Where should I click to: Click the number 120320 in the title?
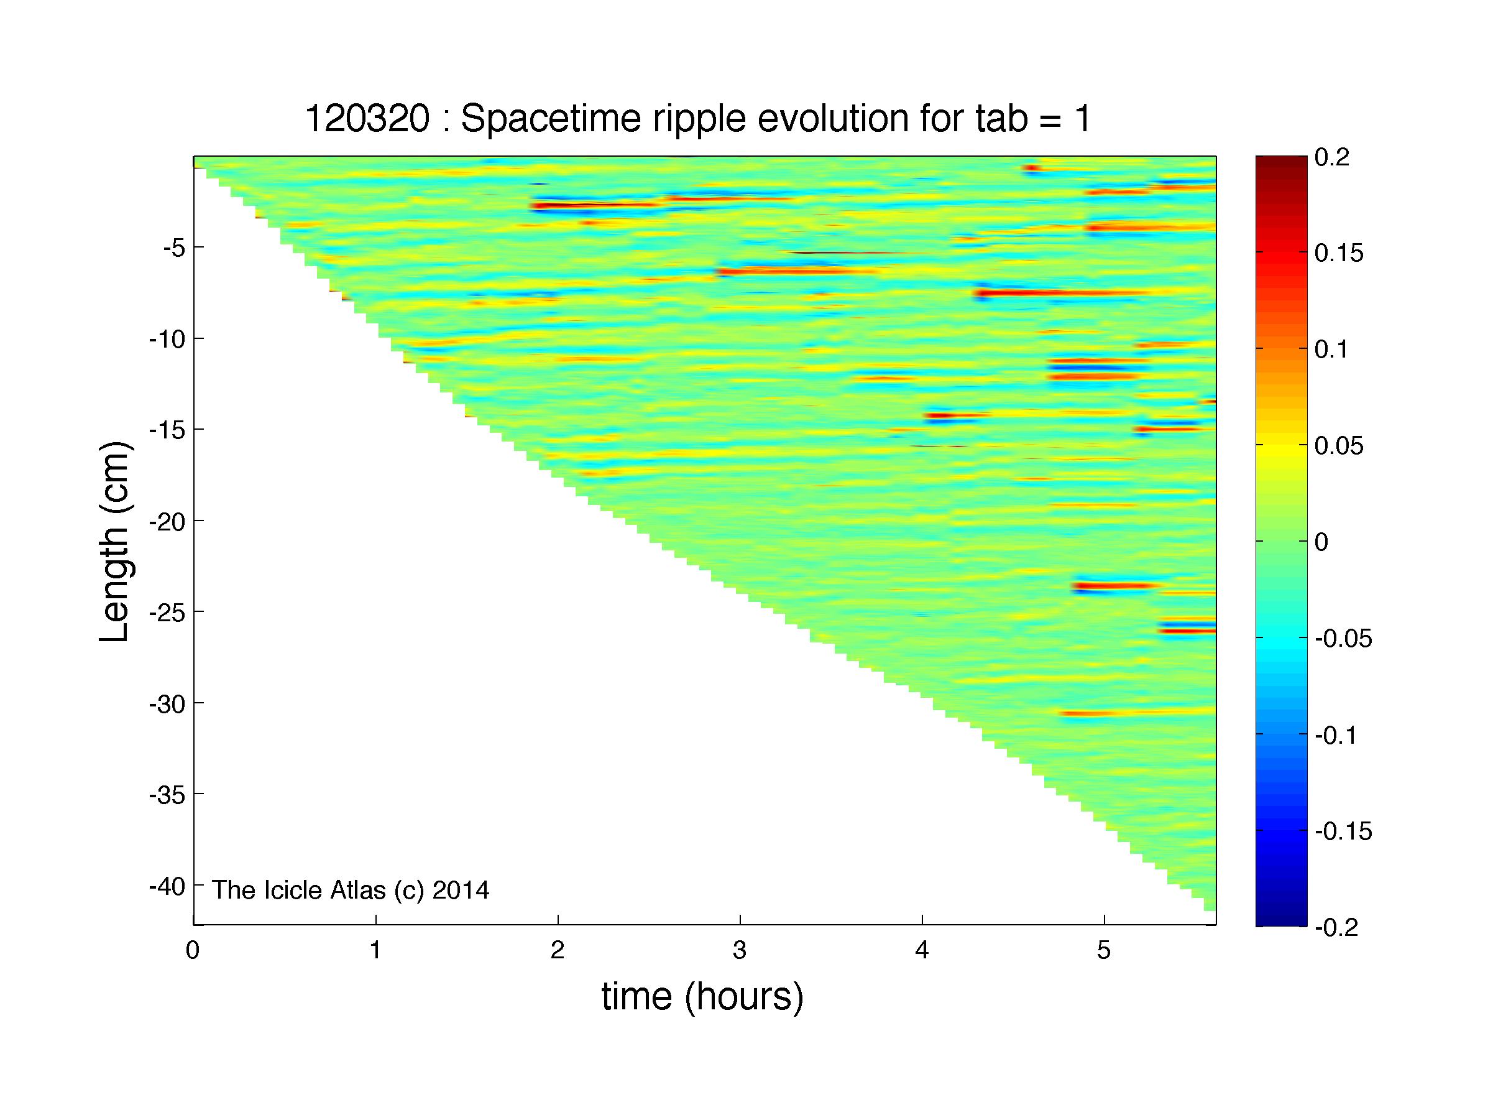coord(367,119)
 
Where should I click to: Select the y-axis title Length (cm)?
coord(114,542)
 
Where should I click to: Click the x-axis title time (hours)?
coord(702,997)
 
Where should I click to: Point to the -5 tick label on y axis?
coord(173,248)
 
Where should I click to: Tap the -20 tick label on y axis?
coord(167,521)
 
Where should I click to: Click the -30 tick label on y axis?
coord(167,703)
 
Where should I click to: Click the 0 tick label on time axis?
coord(193,951)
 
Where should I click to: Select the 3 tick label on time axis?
coord(740,951)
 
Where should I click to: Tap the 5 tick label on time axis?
coord(1103,951)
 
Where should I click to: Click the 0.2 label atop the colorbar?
coord(1331,157)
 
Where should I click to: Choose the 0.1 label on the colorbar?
coord(1331,349)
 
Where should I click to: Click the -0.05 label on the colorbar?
coord(1343,639)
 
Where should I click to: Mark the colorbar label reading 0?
coord(1321,542)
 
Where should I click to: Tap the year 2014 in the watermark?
coord(461,890)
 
